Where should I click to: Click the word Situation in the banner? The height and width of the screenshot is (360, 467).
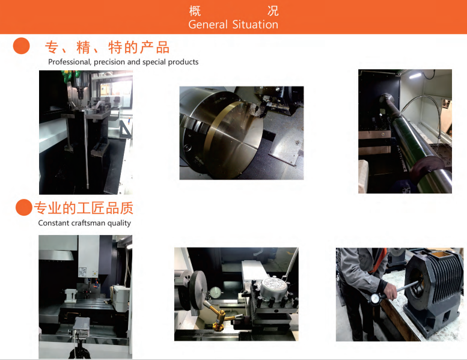point(255,25)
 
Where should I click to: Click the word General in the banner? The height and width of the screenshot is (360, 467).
point(208,25)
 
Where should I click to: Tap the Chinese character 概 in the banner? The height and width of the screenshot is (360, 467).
point(195,11)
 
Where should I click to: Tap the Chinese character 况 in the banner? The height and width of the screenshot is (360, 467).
point(272,11)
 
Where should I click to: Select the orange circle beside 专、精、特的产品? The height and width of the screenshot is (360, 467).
point(22,46)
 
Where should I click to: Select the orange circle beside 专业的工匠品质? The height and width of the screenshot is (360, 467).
point(24,207)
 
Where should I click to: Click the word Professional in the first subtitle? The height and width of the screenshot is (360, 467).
point(69,62)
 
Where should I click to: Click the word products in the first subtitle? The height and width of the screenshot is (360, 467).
point(183,63)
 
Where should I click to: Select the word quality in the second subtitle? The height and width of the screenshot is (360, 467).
point(119,224)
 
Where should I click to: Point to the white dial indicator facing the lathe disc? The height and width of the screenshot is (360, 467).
point(215,292)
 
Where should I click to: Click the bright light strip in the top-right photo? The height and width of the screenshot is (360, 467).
point(415,76)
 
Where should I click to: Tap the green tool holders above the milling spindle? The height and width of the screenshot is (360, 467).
point(69,75)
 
